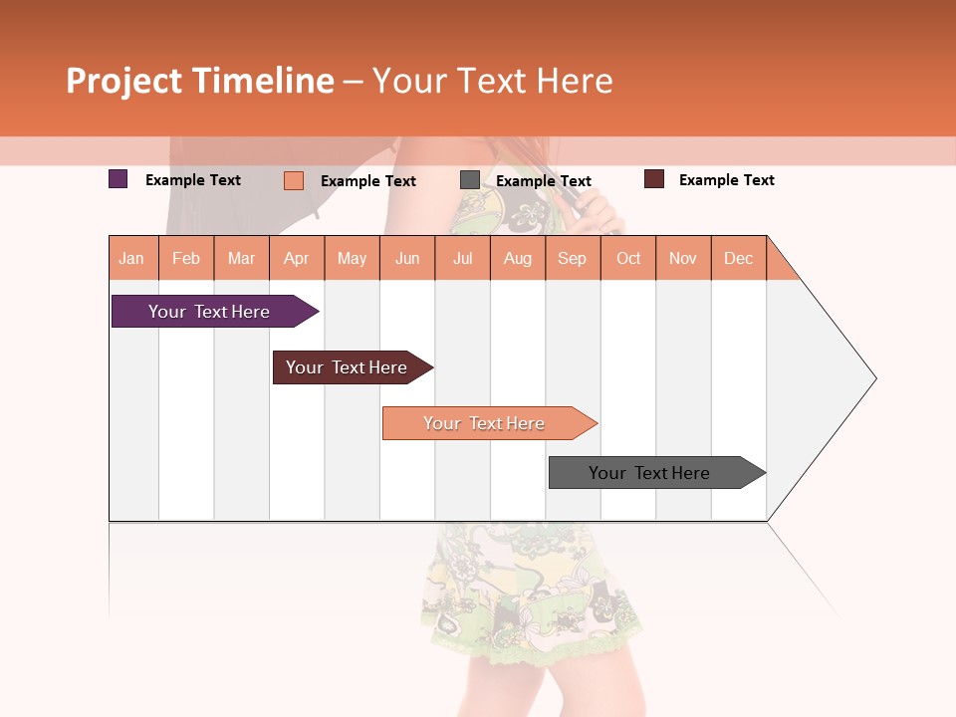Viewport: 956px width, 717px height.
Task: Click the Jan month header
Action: tap(131, 258)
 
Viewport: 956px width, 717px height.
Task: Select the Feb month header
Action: tap(186, 258)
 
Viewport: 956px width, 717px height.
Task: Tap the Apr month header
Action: tap(297, 258)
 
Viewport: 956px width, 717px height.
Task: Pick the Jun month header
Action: tap(407, 258)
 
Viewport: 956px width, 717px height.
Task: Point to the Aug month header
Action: tap(518, 258)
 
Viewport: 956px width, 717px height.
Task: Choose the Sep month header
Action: tap(573, 258)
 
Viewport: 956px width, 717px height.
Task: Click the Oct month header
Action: tap(628, 258)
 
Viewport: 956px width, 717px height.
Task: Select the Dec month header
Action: tap(739, 258)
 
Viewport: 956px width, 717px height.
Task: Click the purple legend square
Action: tap(119, 179)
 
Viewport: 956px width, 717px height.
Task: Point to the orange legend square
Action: tap(294, 180)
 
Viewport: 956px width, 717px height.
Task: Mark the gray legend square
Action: tap(470, 180)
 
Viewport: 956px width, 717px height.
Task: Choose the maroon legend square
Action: tap(654, 179)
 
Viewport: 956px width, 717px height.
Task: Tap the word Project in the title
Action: tap(124, 81)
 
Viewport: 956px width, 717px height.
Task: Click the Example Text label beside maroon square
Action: tap(727, 180)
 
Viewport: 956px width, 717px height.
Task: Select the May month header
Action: tap(352, 258)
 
